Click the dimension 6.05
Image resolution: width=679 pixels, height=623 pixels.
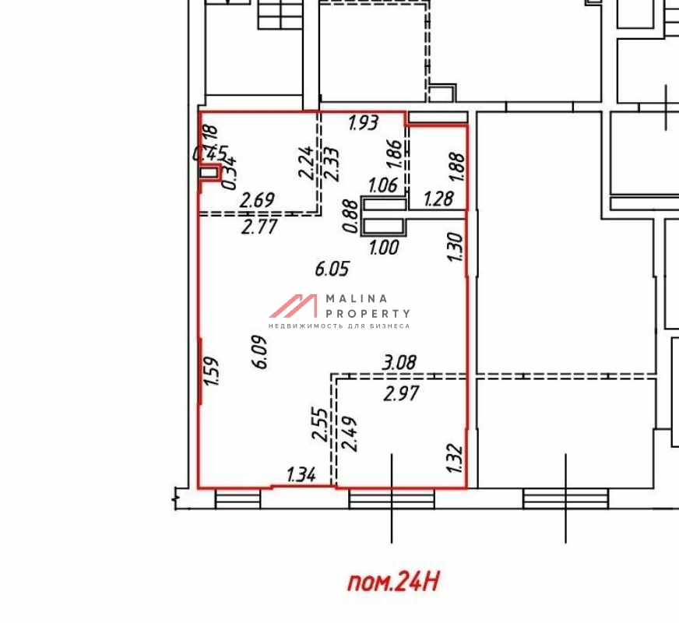(x=332, y=269)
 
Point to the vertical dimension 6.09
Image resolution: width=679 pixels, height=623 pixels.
(x=261, y=351)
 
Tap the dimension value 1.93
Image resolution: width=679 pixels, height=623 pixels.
(x=363, y=122)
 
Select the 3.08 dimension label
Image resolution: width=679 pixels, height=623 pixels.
(x=399, y=362)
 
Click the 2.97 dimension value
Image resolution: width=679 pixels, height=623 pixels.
(x=402, y=394)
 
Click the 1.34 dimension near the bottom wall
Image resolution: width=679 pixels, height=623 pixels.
(x=301, y=474)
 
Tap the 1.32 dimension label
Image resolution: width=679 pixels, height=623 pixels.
(x=456, y=459)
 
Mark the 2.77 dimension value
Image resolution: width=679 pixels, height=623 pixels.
(x=259, y=228)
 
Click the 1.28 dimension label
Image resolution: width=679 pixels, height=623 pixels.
(x=438, y=200)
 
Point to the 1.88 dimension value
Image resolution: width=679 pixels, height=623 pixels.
(x=458, y=167)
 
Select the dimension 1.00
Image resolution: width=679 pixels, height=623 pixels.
(x=384, y=248)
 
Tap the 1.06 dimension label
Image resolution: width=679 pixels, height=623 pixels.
(x=383, y=185)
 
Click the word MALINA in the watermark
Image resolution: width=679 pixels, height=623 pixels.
(x=356, y=298)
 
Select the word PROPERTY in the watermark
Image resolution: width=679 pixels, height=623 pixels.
(x=368, y=313)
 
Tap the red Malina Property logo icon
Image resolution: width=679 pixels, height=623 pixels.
(x=294, y=305)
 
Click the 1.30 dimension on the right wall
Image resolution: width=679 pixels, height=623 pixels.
(x=457, y=248)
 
